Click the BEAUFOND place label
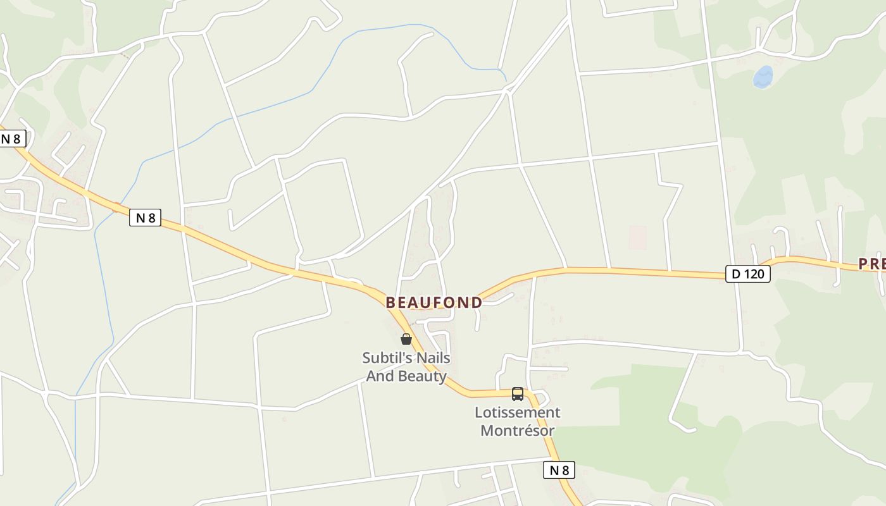[434, 302]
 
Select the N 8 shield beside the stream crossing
[145, 218]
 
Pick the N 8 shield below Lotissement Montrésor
[559, 470]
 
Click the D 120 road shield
[747, 274]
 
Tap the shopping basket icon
[406, 339]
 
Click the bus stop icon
[518, 394]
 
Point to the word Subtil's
[384, 358]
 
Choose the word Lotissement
[518, 413]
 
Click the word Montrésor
[518, 431]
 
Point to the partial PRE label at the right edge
[872, 264]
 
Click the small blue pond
[763, 77]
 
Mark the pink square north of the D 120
[637, 237]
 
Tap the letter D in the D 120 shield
[736, 274]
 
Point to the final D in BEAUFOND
[477, 302]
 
